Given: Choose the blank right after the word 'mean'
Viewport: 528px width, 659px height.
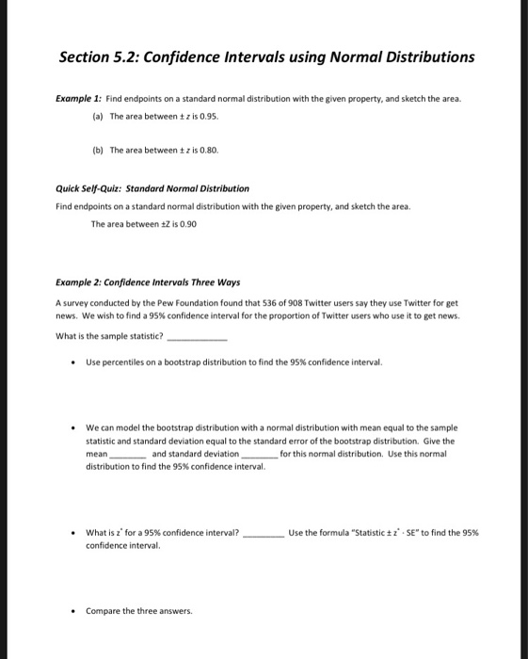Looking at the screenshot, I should point(129,455).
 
